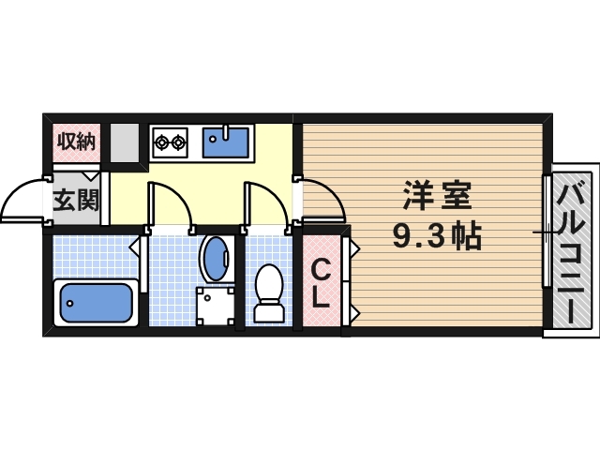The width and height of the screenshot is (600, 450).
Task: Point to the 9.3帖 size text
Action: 437,236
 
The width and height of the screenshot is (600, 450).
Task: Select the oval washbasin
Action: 216,257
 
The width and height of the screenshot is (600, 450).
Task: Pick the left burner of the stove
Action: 162,143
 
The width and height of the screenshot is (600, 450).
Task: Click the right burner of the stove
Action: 178,143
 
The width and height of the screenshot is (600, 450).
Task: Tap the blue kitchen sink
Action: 226,142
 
